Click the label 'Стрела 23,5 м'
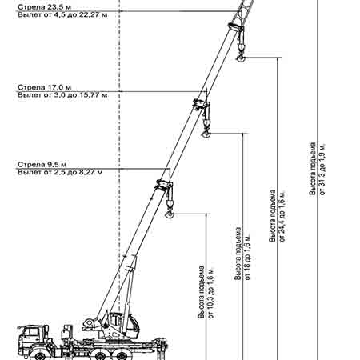tap(44, 7)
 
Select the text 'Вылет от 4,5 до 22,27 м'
tap(62, 14)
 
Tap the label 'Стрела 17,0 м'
tap(44, 87)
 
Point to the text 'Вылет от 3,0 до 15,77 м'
tap(62, 95)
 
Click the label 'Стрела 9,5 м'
tap(42, 164)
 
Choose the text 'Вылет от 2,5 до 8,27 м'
tap(60, 172)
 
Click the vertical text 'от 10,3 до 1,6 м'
tap(211, 293)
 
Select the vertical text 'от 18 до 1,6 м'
tap(248, 257)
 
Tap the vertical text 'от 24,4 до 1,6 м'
tap(282, 216)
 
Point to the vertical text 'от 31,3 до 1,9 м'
tap(322, 170)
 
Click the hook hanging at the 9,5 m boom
tap(170, 214)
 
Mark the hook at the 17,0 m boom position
tap(206, 134)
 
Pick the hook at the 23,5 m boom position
tap(241, 58)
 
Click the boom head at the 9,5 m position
tap(163, 185)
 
